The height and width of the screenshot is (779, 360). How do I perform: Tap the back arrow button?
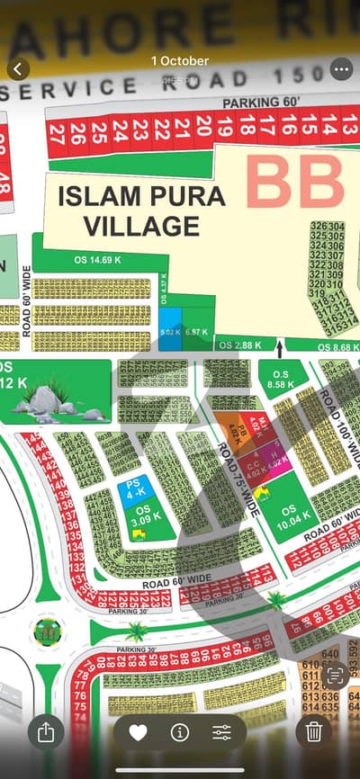tap(18, 68)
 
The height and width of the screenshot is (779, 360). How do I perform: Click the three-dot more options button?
tap(341, 68)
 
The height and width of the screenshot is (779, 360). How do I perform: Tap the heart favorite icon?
tap(138, 732)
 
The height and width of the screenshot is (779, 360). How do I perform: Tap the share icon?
tap(47, 732)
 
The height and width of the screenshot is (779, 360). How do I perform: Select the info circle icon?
tap(179, 732)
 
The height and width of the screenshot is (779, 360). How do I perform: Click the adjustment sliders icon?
tap(221, 732)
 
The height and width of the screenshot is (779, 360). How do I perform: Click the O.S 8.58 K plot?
tap(283, 378)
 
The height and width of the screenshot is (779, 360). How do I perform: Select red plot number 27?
tap(58, 135)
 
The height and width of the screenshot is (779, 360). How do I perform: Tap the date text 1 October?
tap(180, 60)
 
